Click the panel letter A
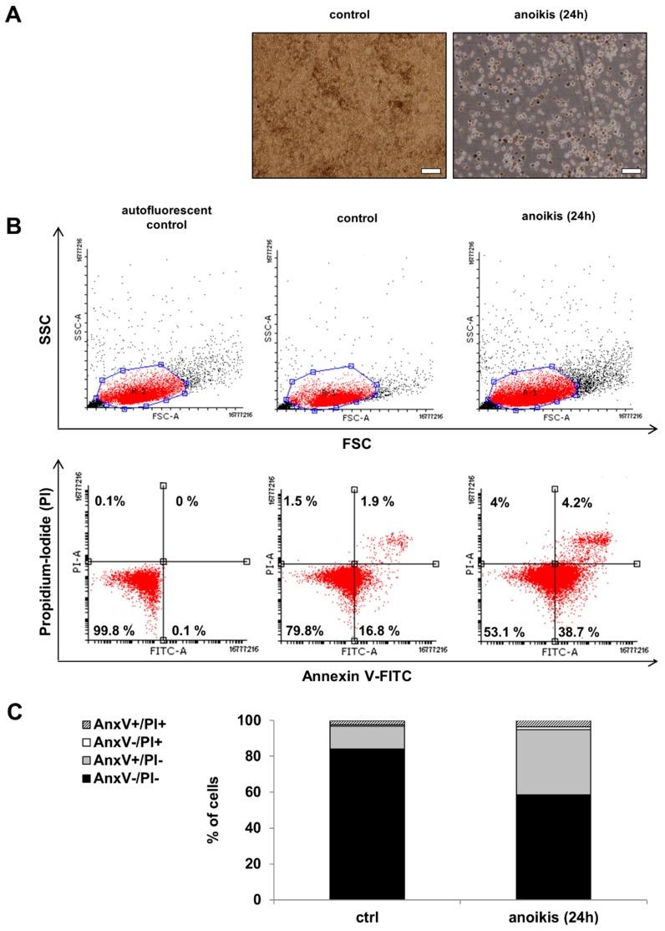[13, 16]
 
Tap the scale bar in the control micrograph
[429, 170]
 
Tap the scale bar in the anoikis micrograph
[630, 170]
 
